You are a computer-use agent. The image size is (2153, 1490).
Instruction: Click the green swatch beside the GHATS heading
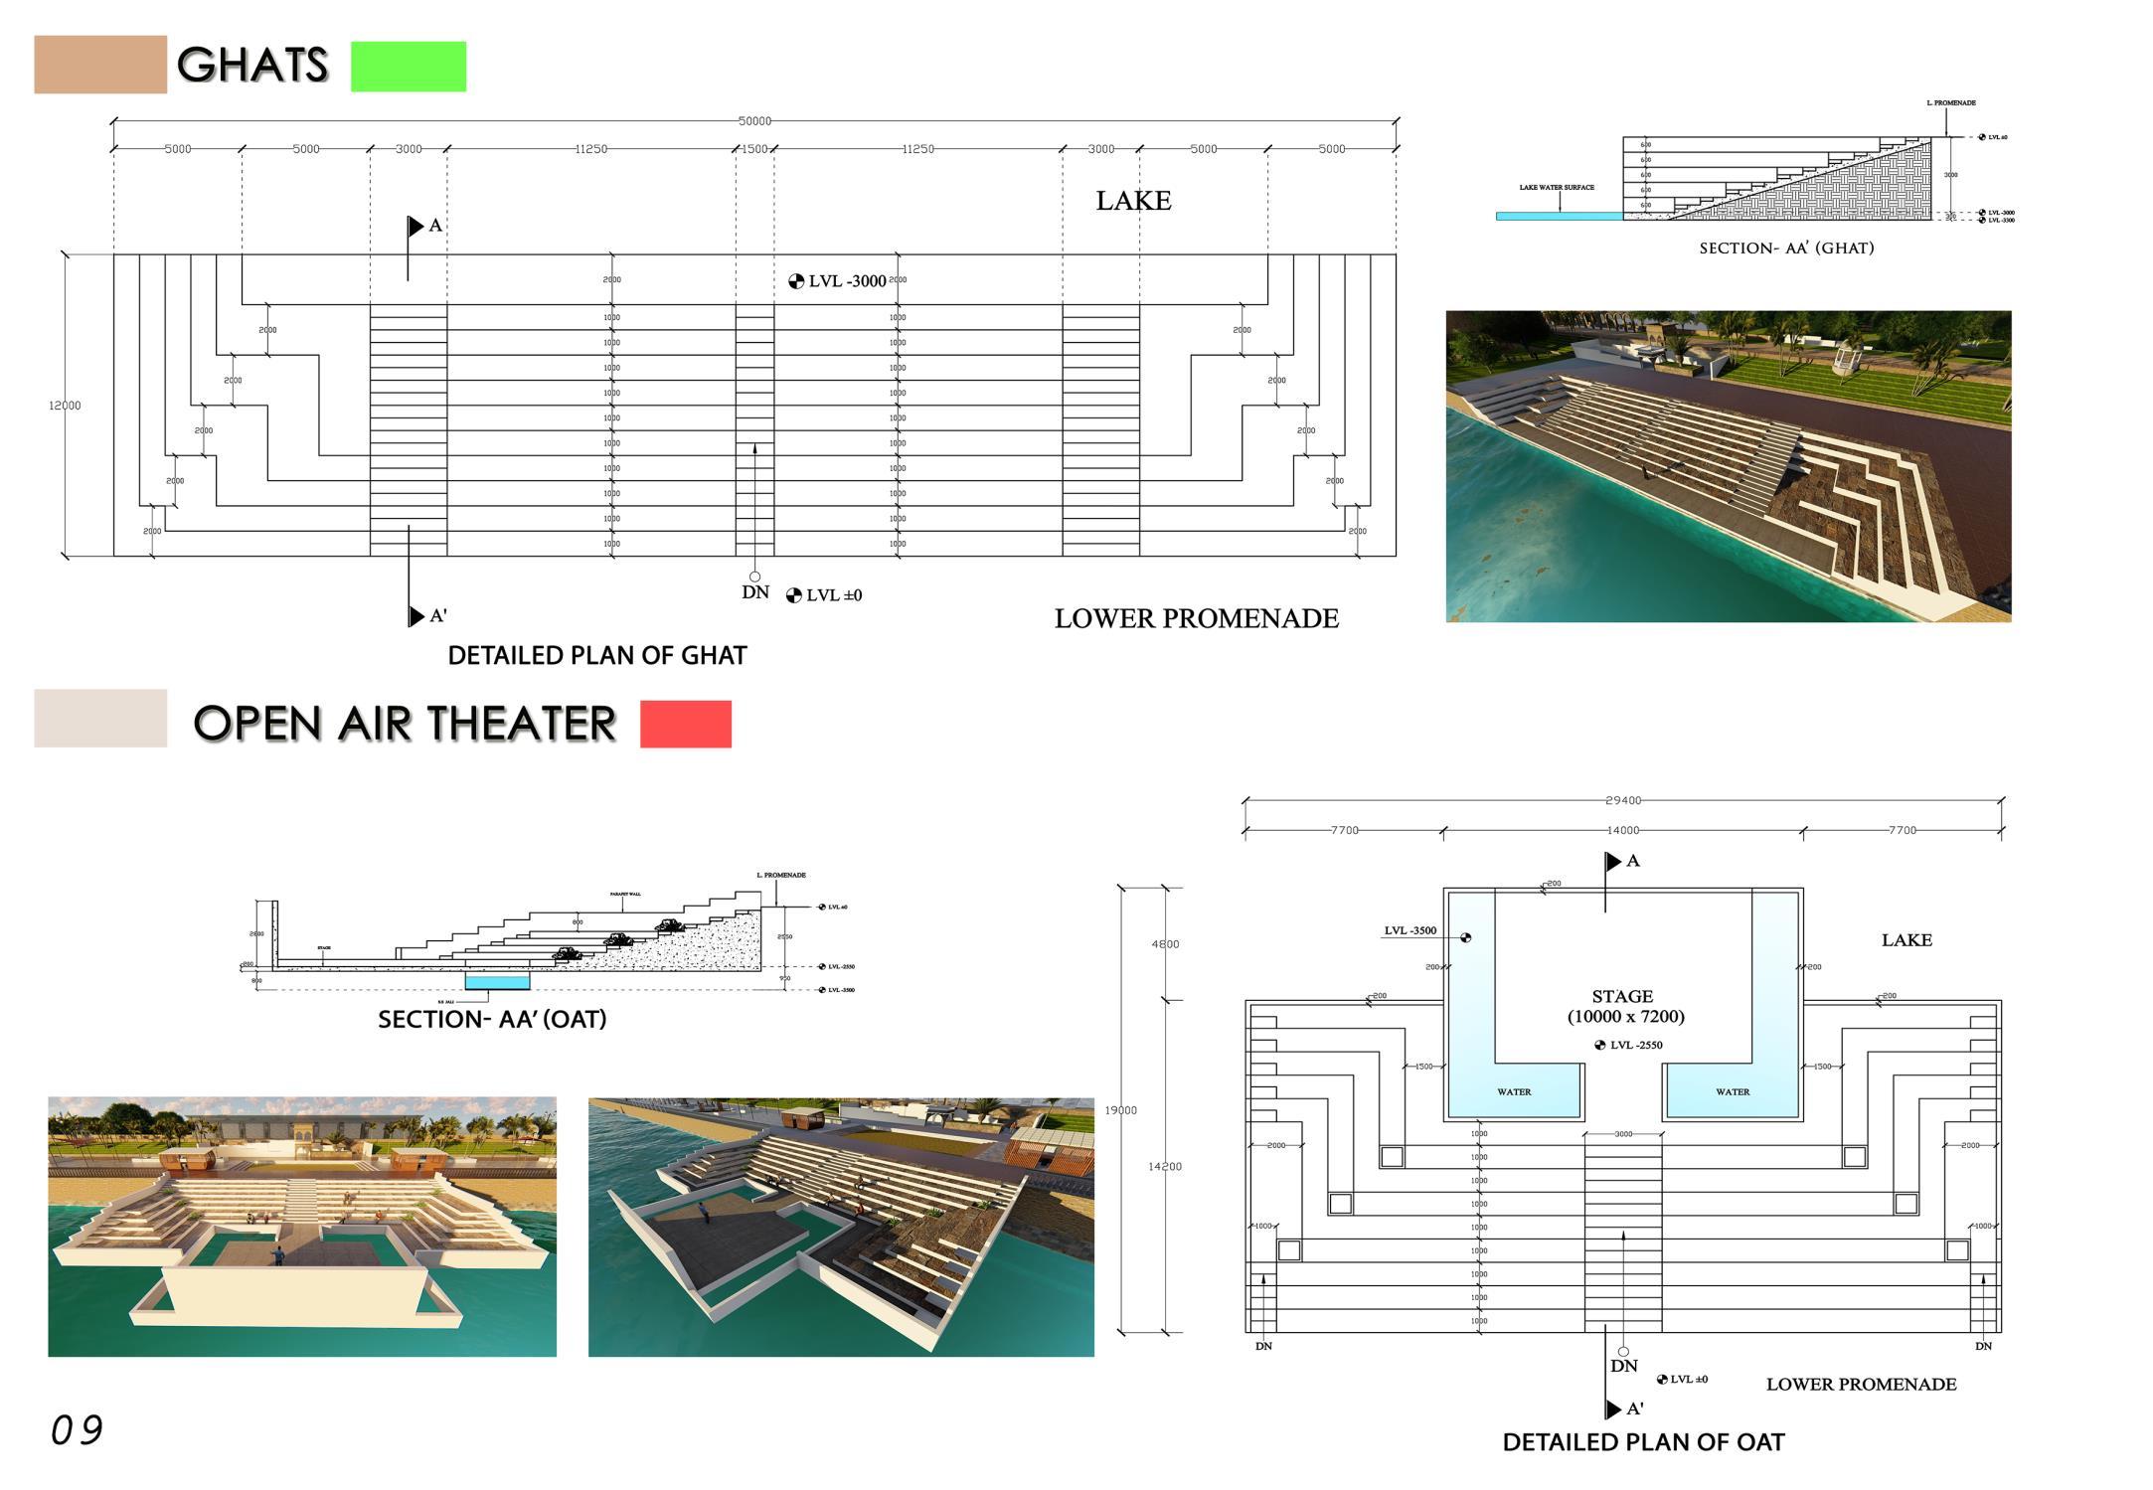pos(408,67)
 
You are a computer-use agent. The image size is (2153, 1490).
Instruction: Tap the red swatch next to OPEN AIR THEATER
pos(685,724)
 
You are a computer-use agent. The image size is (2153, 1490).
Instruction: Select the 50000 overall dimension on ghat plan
pos(754,121)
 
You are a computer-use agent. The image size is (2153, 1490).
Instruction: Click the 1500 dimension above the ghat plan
pos(754,149)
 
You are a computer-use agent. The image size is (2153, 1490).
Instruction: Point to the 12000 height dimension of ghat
pos(65,406)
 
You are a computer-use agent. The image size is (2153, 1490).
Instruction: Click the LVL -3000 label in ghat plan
pos(846,281)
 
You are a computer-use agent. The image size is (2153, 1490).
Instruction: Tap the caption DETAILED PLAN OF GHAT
pos(596,656)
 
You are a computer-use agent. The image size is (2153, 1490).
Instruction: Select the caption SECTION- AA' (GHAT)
pos(1785,248)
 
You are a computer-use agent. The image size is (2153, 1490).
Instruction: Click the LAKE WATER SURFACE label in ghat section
pos(1556,187)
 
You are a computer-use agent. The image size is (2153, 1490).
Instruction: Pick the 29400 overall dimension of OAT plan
pos(1622,800)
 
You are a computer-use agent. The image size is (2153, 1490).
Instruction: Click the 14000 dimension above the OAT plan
pos(1622,830)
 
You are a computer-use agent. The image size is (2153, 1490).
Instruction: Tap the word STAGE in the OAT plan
pos(1622,996)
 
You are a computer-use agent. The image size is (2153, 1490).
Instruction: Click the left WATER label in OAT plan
pos(1514,1092)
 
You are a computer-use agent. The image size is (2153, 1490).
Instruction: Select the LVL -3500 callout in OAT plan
pos(1409,931)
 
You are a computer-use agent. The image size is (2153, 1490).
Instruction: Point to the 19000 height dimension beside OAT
pos(1120,1110)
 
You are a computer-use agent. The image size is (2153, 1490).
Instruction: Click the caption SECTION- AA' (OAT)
pos(492,1020)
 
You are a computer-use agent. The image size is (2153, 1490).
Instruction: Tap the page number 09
pos(77,1430)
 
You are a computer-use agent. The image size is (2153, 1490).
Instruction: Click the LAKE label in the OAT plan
pos(1905,940)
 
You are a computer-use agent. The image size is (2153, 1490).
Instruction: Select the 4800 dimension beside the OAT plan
pos(1165,944)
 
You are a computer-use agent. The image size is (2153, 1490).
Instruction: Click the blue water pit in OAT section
pos(497,982)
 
